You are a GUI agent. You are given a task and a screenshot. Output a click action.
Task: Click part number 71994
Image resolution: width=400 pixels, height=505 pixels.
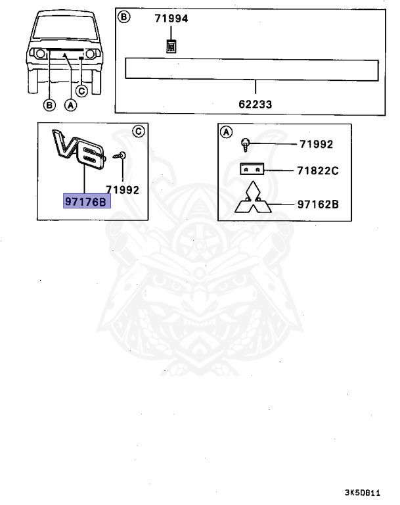coord(171,19)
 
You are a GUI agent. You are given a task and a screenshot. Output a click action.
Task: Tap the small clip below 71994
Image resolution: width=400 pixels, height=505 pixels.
coord(171,45)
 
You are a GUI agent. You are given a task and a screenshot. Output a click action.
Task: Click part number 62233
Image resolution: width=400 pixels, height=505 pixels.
coord(256,104)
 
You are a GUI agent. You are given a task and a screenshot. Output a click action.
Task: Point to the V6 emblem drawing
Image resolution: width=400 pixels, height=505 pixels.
coord(79,149)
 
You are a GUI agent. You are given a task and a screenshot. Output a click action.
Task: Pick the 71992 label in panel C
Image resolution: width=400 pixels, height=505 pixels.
coord(122,190)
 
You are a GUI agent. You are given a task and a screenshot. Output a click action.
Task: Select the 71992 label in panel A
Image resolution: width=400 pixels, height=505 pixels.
coord(316,144)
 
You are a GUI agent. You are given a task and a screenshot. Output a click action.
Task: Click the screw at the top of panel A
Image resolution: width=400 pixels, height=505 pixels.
coord(245,143)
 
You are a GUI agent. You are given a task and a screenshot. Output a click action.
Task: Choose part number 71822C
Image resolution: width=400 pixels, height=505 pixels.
coord(319,170)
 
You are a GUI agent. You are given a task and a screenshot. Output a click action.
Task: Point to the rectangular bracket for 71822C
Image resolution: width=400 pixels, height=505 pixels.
coord(252,169)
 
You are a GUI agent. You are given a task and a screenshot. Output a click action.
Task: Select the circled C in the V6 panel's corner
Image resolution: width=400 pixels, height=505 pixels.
coord(139,130)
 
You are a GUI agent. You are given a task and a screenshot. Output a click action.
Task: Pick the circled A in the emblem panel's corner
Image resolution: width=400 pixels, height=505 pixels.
coord(225,132)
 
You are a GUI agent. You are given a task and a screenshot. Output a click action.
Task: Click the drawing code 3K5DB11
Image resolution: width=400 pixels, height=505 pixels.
coord(362,493)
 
